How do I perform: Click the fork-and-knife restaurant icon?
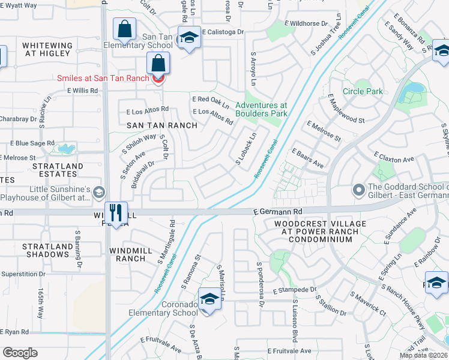[115, 212]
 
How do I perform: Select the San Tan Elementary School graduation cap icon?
[189, 38]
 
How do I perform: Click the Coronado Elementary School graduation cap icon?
[209, 298]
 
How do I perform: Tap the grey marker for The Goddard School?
[358, 191]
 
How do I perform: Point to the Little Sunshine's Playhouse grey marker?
[98, 192]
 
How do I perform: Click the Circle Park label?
[362, 92]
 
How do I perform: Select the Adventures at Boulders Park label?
[261, 109]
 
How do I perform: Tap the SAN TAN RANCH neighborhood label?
[161, 125]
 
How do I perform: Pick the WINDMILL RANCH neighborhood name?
[127, 254]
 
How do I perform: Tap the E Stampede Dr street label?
[294, 290]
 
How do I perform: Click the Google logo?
[20, 353]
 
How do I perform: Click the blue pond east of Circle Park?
[411, 91]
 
